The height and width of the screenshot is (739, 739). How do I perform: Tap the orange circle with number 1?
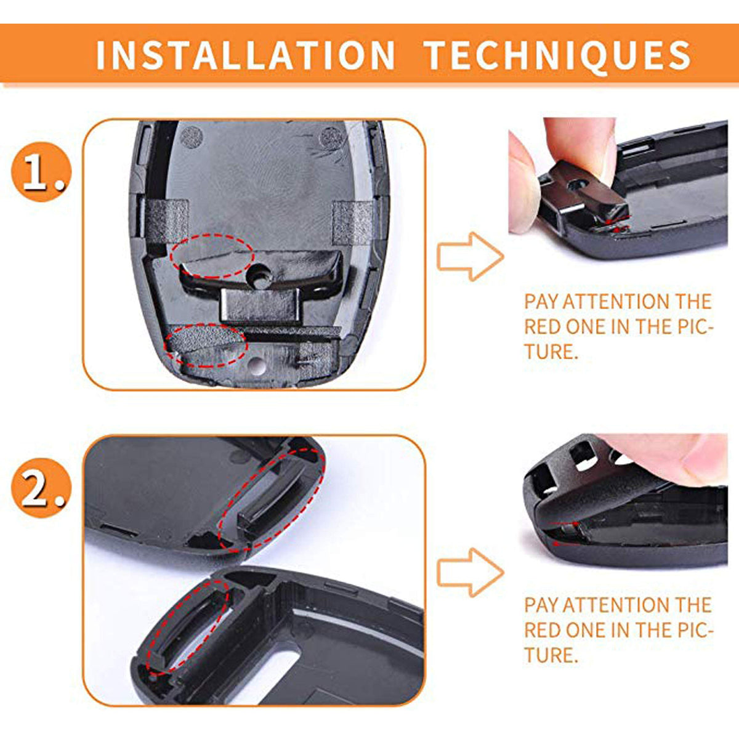(x=41, y=172)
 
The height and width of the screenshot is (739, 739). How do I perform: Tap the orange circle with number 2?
(x=41, y=488)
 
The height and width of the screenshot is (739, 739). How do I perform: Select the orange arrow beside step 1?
(x=470, y=256)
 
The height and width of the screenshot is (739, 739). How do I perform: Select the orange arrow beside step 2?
(x=470, y=572)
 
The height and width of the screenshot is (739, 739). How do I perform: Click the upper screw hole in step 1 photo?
(x=260, y=277)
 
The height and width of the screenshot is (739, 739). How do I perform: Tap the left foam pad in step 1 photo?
(x=168, y=222)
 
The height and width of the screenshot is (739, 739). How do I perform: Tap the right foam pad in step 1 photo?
(x=353, y=222)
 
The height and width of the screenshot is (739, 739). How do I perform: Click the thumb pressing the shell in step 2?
(x=675, y=458)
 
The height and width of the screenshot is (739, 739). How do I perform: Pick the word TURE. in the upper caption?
(x=551, y=351)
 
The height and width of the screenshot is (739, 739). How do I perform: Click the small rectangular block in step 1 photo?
(x=260, y=305)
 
